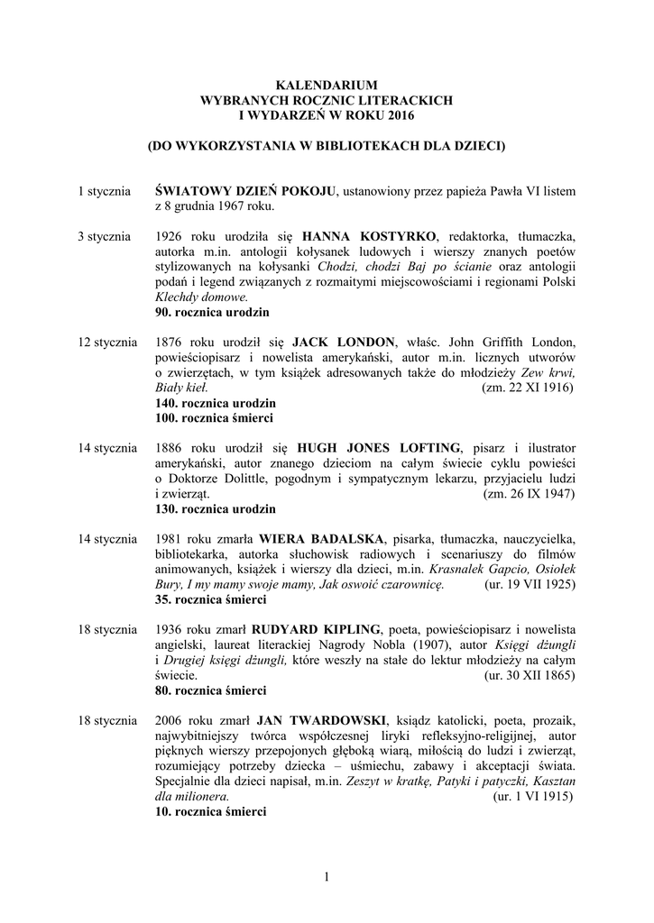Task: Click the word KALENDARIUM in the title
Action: pos(327,84)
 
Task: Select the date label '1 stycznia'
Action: pos(105,192)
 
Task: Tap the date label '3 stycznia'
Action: pos(105,237)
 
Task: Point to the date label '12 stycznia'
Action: pos(107,343)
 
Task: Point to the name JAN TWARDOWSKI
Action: pos(321,720)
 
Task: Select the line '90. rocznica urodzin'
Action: pos(211,312)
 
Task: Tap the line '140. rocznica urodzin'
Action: pos(215,402)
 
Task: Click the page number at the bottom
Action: pos(327,877)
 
